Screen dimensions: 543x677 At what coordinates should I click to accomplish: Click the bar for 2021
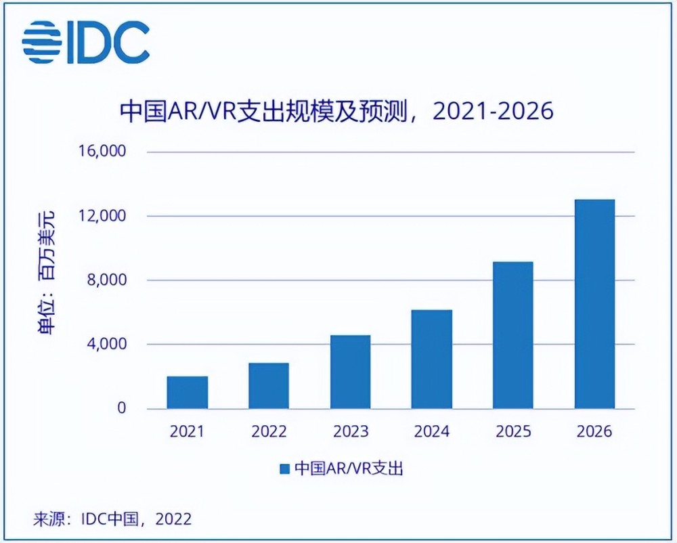point(188,393)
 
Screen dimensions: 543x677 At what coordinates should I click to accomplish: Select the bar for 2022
point(269,386)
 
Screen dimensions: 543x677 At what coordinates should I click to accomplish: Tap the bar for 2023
point(351,372)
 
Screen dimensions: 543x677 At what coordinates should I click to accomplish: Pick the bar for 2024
point(432,359)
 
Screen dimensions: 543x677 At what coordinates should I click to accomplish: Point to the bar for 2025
point(513,335)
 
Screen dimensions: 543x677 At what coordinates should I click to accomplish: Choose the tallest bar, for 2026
point(594,304)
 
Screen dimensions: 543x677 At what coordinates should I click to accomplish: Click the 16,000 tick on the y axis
point(104,151)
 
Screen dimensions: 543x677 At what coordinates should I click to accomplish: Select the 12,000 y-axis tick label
point(104,216)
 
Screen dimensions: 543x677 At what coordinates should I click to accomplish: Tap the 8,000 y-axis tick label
point(108,280)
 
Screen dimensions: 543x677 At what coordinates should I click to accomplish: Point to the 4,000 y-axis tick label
point(108,345)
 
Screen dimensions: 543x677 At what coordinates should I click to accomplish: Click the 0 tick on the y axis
point(121,408)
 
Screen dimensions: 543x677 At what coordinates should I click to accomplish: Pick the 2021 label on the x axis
point(188,432)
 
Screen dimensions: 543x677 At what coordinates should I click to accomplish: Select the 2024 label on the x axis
point(432,432)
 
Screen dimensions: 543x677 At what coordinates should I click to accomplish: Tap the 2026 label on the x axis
point(594,432)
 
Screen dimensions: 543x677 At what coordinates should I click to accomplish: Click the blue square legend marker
point(285,469)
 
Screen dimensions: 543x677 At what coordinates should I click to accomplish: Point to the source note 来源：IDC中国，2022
point(112,519)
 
